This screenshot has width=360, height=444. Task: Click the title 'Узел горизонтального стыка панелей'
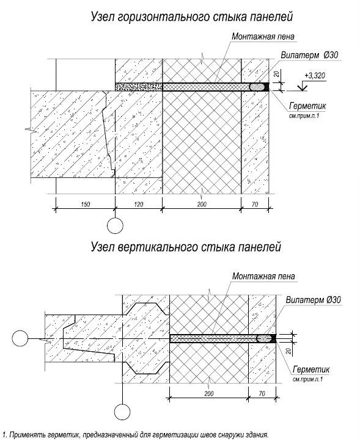click(192, 17)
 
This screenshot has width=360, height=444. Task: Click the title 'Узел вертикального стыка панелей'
click(186, 247)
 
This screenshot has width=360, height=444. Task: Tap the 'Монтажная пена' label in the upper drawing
click(263, 37)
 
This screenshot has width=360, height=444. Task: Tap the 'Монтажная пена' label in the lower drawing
click(263, 276)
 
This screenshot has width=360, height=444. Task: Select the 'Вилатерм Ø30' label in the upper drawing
click(309, 55)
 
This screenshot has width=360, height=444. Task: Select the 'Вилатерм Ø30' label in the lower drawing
click(313, 300)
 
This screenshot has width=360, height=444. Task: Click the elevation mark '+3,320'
click(315, 76)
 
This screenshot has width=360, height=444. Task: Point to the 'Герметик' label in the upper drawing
click(307, 106)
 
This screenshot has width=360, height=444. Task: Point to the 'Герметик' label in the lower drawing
click(311, 370)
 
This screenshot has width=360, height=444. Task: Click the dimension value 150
click(85, 204)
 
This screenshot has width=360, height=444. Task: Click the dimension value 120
click(138, 204)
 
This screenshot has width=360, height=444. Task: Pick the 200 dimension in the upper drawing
click(202, 204)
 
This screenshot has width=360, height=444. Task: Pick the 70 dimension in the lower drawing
click(262, 393)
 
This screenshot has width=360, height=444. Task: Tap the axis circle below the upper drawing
click(115, 225)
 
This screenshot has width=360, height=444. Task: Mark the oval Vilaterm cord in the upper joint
click(257, 87)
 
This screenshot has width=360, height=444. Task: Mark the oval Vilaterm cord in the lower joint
click(264, 339)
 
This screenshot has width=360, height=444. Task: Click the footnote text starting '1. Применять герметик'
click(135, 435)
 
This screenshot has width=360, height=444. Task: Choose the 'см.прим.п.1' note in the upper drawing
click(304, 116)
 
